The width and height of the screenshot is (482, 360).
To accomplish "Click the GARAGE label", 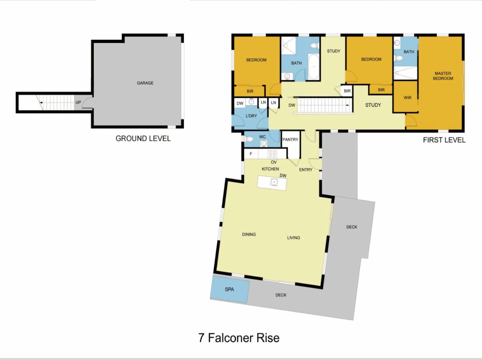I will pyautogui.click(x=145, y=83).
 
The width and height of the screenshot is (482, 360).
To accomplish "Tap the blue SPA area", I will pyautogui.click(x=230, y=289).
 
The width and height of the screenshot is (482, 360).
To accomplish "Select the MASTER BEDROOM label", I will pyautogui.click(x=443, y=76).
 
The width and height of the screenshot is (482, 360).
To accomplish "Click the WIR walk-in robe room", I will pyautogui.click(x=406, y=97).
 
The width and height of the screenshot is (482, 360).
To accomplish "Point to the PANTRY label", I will pyautogui.click(x=290, y=139).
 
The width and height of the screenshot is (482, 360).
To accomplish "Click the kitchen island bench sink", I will pyautogui.click(x=274, y=183).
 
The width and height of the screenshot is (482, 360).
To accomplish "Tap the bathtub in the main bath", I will pyautogui.click(x=313, y=67).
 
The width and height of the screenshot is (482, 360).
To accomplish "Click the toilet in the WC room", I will pyautogui.click(x=249, y=139).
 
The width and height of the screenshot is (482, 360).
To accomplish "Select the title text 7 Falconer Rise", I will pyautogui.click(x=239, y=338).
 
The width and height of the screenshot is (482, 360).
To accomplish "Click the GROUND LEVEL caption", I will pyautogui.click(x=143, y=139).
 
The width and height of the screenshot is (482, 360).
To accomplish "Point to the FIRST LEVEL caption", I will pyautogui.click(x=444, y=140).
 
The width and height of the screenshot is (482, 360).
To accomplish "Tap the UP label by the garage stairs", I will pyautogui.click(x=78, y=102).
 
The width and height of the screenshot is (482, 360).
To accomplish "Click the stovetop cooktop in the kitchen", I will pyautogui.click(x=272, y=154).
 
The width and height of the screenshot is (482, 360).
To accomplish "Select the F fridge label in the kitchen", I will pyautogui.click(x=251, y=154).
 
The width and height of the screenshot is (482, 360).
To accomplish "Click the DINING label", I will pyautogui.click(x=249, y=234).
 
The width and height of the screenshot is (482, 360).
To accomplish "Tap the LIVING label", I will pyautogui.click(x=293, y=238).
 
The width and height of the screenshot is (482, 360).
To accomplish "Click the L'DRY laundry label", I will pyautogui.click(x=251, y=116).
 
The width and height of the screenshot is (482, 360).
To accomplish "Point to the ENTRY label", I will pyautogui.click(x=305, y=170).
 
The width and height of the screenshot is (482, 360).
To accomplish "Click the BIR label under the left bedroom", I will pyautogui.click(x=250, y=91).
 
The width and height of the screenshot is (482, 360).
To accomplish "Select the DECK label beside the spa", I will pyautogui.click(x=281, y=295).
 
